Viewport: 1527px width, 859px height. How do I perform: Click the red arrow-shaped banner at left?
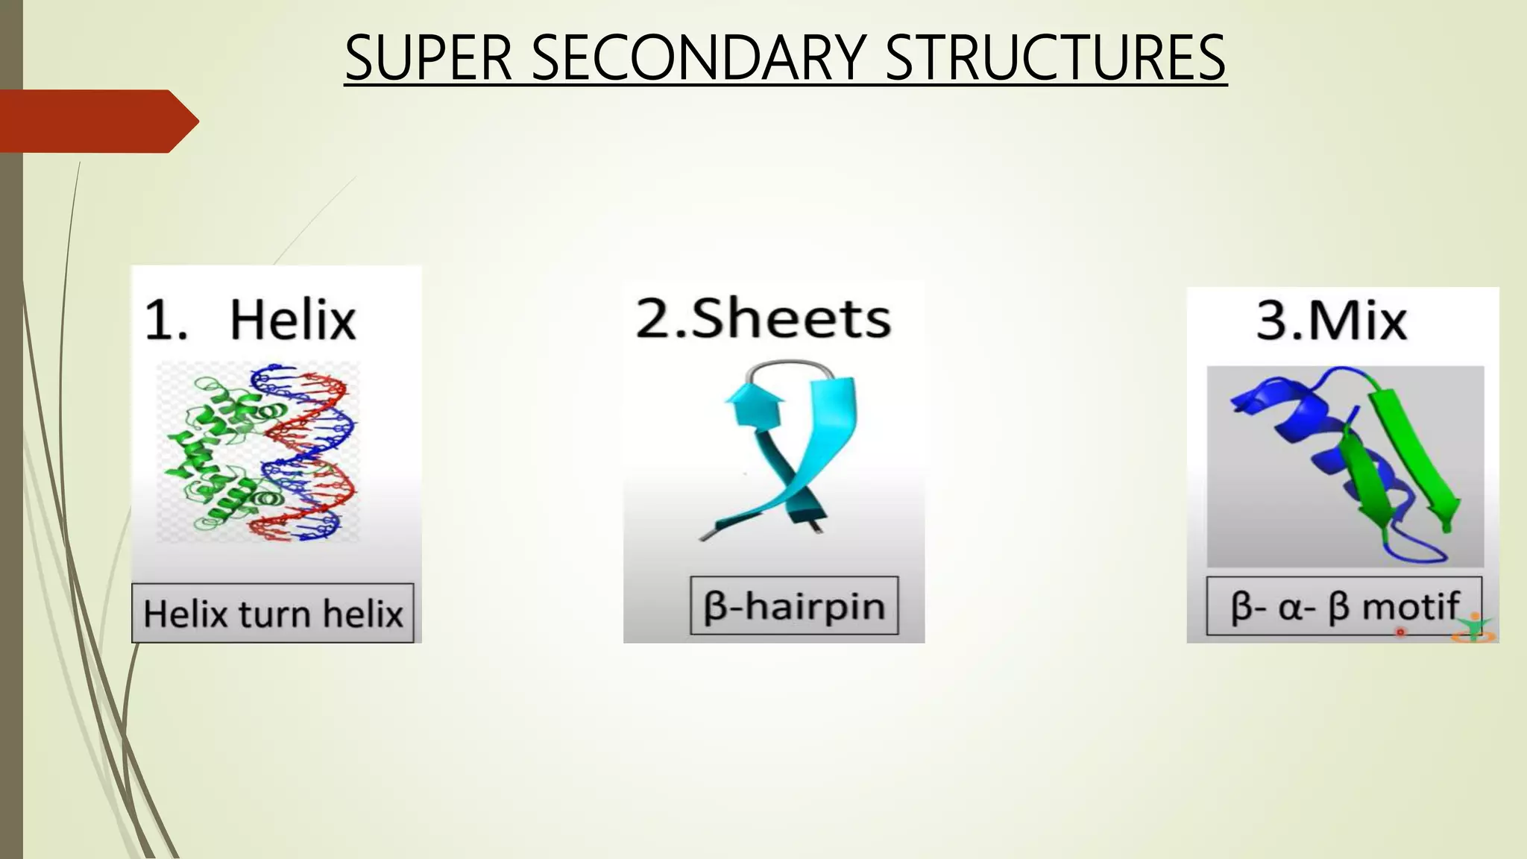pos(97,121)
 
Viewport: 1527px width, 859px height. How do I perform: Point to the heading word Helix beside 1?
pos(292,320)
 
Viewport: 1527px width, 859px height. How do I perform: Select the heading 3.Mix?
pos(1332,321)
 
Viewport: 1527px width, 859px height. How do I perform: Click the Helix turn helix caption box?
pos(273,614)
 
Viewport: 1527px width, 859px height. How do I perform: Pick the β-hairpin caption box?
pos(794,606)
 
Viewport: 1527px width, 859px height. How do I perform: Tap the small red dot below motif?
pos(1400,632)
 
